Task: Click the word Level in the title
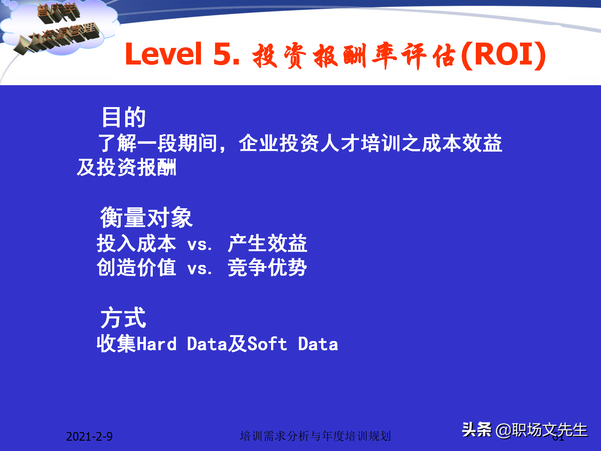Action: tap(163, 54)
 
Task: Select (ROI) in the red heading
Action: tap(503, 55)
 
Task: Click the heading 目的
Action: tap(124, 117)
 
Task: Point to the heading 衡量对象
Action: tap(146, 217)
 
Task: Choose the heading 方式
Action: tap(123, 318)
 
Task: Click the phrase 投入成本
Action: tap(136, 243)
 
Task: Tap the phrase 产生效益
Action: tap(267, 243)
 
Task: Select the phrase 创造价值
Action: tap(136, 267)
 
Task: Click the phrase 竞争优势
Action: tap(267, 267)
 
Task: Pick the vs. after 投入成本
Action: tap(200, 245)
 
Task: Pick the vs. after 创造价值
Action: tap(200, 269)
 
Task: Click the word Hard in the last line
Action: tap(157, 344)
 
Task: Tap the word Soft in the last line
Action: tap(267, 344)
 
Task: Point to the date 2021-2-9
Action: tap(89, 436)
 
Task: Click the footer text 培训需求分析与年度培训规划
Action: tap(315, 436)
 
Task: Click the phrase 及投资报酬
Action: tap(127, 168)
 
